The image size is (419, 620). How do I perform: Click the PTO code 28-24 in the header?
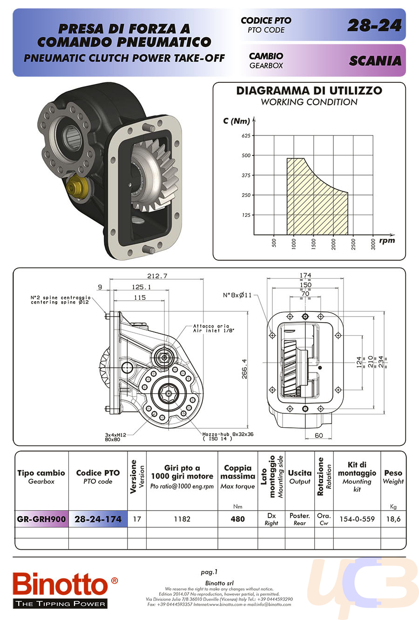tap(374, 26)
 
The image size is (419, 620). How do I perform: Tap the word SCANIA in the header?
tap(375, 61)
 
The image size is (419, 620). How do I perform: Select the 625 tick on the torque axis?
tap(246, 136)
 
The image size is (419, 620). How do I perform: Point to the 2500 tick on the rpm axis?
tap(353, 243)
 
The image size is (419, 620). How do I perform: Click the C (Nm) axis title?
tap(236, 121)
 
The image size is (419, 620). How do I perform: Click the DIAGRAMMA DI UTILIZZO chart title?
tap(309, 91)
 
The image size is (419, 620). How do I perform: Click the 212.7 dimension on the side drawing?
tap(157, 276)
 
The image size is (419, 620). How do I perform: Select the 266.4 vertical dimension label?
tap(244, 369)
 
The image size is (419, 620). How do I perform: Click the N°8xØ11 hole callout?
tap(237, 295)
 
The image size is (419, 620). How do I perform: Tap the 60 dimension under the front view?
tap(318, 436)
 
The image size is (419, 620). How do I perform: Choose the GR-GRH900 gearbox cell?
tap(41, 519)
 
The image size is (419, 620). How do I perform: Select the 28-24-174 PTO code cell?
tap(98, 519)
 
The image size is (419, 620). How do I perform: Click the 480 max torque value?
tap(237, 519)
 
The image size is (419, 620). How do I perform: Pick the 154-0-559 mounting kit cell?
tap(357, 519)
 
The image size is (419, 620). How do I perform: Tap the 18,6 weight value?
tap(393, 519)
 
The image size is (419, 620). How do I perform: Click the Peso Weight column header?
tap(393, 477)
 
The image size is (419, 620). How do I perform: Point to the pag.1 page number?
tap(209, 572)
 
